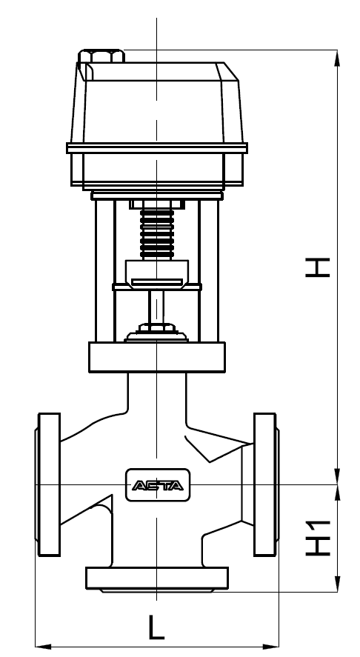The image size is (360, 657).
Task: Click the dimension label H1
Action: click(318, 538)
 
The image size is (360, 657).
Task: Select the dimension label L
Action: click(156, 628)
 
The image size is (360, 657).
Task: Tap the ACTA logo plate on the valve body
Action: click(158, 486)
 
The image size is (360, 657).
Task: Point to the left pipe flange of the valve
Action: click(47, 484)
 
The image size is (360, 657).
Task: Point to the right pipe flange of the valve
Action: click(265, 484)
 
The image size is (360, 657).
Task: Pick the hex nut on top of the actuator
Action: click(103, 56)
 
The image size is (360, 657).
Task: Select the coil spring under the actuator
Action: click(157, 233)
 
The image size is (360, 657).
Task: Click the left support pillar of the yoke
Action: click(104, 270)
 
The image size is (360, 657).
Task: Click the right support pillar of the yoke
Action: click(210, 270)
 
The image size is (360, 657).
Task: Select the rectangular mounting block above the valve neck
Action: click(157, 357)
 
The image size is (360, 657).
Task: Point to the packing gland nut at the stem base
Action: click(157, 329)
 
